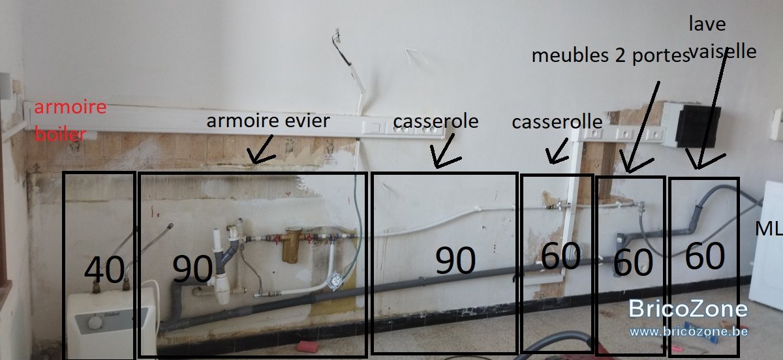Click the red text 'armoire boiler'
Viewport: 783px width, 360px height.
[x=70, y=121]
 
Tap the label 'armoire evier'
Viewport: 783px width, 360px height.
[x=268, y=121]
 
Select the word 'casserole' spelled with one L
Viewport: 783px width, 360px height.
[x=436, y=121]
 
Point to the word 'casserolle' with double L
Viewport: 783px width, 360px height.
[x=557, y=122]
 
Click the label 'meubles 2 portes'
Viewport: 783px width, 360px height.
[x=611, y=55]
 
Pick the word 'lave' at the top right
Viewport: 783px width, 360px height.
[x=707, y=24]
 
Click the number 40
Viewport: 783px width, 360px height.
[x=104, y=269]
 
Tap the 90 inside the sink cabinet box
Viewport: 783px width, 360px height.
[x=192, y=269]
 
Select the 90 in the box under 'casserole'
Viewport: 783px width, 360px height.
[x=455, y=260]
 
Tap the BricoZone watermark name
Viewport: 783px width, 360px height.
[x=688, y=309]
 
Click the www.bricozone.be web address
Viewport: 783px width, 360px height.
[x=688, y=331]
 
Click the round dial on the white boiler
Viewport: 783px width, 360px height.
[x=95, y=323]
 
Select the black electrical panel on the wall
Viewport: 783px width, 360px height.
[x=698, y=126]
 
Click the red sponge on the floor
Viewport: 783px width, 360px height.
[x=307, y=346]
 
